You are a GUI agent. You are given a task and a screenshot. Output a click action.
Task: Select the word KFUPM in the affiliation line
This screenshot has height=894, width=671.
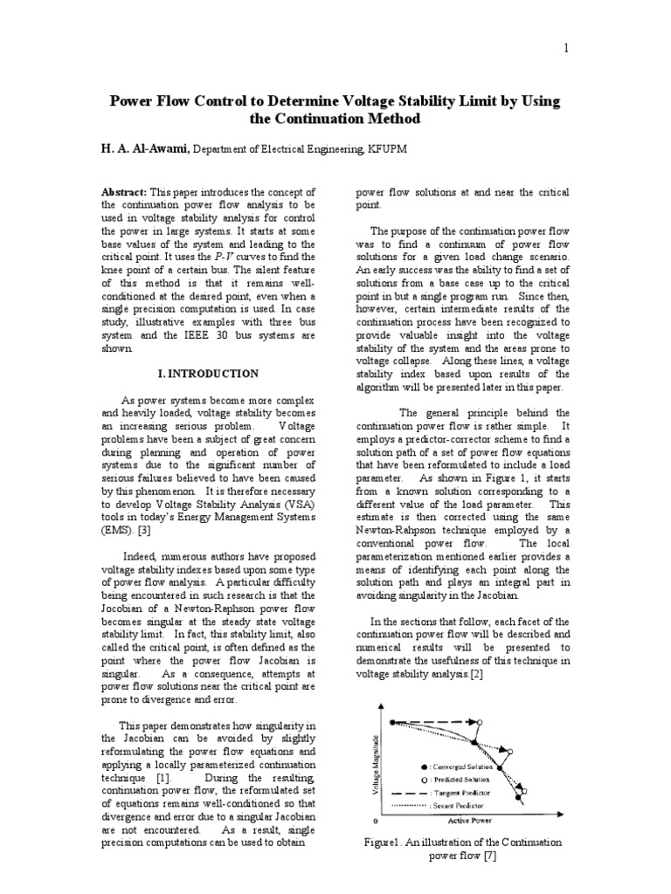pyautogui.click(x=388, y=150)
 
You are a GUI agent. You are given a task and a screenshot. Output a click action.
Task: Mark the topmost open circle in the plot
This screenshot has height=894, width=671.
pyautogui.click(x=480, y=722)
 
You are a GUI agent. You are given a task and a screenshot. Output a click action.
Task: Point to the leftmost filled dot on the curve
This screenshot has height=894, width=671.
pyautogui.click(x=393, y=722)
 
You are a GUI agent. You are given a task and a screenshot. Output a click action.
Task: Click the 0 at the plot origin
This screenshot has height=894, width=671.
pyautogui.click(x=376, y=822)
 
